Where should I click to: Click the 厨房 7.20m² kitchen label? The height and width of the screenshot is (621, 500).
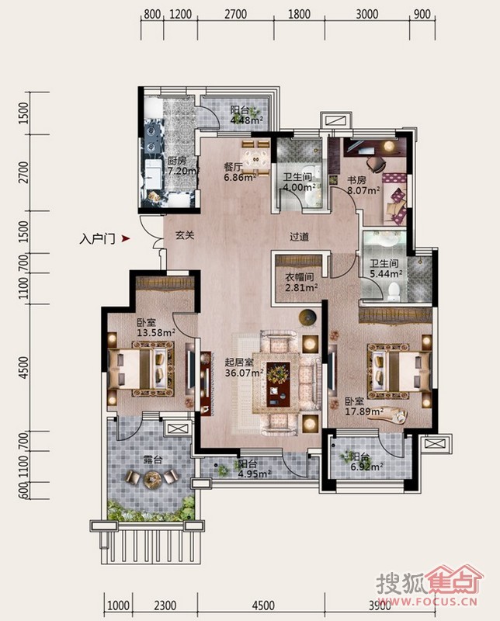(182, 166)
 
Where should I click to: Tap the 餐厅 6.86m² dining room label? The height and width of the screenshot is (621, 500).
(240, 172)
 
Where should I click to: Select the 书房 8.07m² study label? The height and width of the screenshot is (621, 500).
(363, 185)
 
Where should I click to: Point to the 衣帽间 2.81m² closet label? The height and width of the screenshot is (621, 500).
(301, 283)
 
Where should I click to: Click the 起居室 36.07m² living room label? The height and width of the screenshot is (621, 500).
(244, 367)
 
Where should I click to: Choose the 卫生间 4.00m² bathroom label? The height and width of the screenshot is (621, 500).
(299, 182)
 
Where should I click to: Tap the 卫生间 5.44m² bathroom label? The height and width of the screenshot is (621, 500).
(387, 269)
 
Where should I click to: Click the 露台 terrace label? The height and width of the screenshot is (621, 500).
(153, 460)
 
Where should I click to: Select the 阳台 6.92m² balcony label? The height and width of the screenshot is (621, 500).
(366, 461)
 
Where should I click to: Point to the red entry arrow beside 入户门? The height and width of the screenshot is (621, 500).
(126, 239)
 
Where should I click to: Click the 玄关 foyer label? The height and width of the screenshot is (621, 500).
(185, 235)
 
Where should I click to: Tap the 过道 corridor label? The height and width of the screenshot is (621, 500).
(299, 237)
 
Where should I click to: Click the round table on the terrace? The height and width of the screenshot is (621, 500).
(151, 478)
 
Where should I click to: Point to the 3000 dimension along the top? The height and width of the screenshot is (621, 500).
(367, 15)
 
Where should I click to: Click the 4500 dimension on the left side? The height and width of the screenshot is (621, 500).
(24, 367)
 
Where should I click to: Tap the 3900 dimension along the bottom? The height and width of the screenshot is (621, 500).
(380, 605)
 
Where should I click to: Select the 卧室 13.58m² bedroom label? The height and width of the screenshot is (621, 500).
(156, 328)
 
